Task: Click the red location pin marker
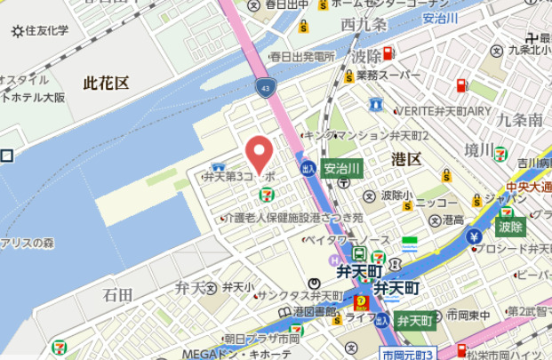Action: [259, 156]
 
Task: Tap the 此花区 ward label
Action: [106, 83]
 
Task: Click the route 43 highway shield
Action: [267, 87]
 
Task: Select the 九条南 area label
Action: [520, 119]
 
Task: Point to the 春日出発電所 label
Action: [294, 56]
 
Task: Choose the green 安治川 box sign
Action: [341, 167]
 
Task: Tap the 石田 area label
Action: [117, 293]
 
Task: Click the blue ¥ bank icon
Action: [474, 236]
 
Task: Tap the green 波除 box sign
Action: [510, 227]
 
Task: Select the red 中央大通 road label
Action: [529, 188]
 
